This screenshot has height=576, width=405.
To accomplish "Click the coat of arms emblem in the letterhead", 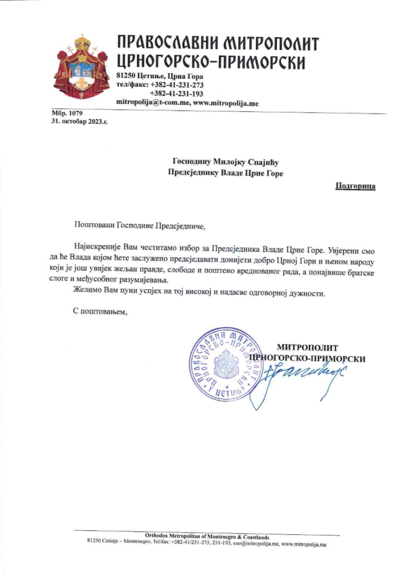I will pos(81,66).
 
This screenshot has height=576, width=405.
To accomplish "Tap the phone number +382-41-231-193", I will pos(177,93).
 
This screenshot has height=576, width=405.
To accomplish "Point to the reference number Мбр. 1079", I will pos(66,114).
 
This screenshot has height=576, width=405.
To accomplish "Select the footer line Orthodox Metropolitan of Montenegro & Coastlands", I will pos(206,537).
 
